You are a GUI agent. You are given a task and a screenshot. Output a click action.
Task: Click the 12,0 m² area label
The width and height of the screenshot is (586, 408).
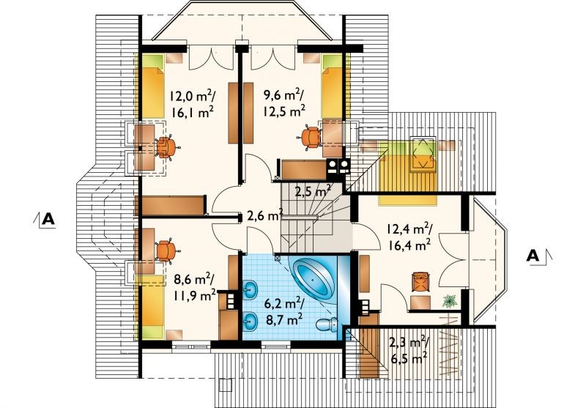point(192,96)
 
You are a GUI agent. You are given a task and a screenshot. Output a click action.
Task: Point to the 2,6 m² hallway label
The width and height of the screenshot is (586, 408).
point(265,216)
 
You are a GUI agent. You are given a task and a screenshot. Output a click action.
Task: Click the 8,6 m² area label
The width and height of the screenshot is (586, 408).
point(194,279)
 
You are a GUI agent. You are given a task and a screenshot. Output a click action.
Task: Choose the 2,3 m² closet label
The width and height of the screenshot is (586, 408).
point(409,344)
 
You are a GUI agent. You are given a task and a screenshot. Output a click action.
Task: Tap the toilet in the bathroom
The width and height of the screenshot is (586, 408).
point(326,324)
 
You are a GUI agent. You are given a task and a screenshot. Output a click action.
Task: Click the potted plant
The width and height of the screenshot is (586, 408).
point(450,301)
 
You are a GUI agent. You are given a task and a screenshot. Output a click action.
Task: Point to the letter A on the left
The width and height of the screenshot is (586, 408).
point(48,219)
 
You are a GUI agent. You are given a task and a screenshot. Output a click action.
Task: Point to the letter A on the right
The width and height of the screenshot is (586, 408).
point(533,256)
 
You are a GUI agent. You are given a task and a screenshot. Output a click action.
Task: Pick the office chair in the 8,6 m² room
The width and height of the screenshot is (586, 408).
point(166,251)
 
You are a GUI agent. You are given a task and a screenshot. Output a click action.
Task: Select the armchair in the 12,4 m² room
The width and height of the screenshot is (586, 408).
point(420,282)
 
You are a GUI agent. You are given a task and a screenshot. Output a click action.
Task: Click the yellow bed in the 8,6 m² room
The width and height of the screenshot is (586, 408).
point(151,306)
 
